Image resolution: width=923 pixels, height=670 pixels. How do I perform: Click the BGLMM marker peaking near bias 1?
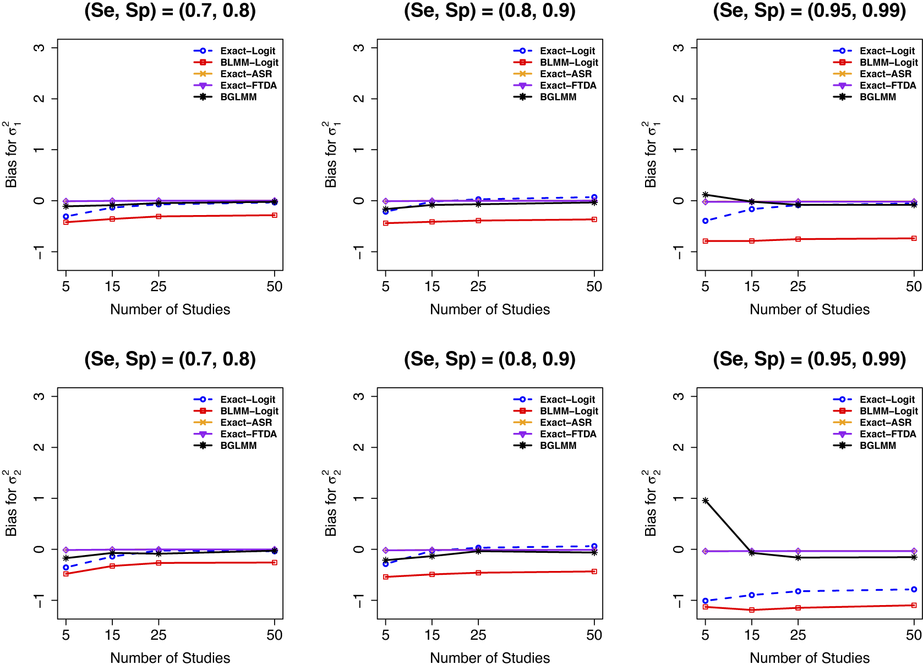[705, 501]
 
